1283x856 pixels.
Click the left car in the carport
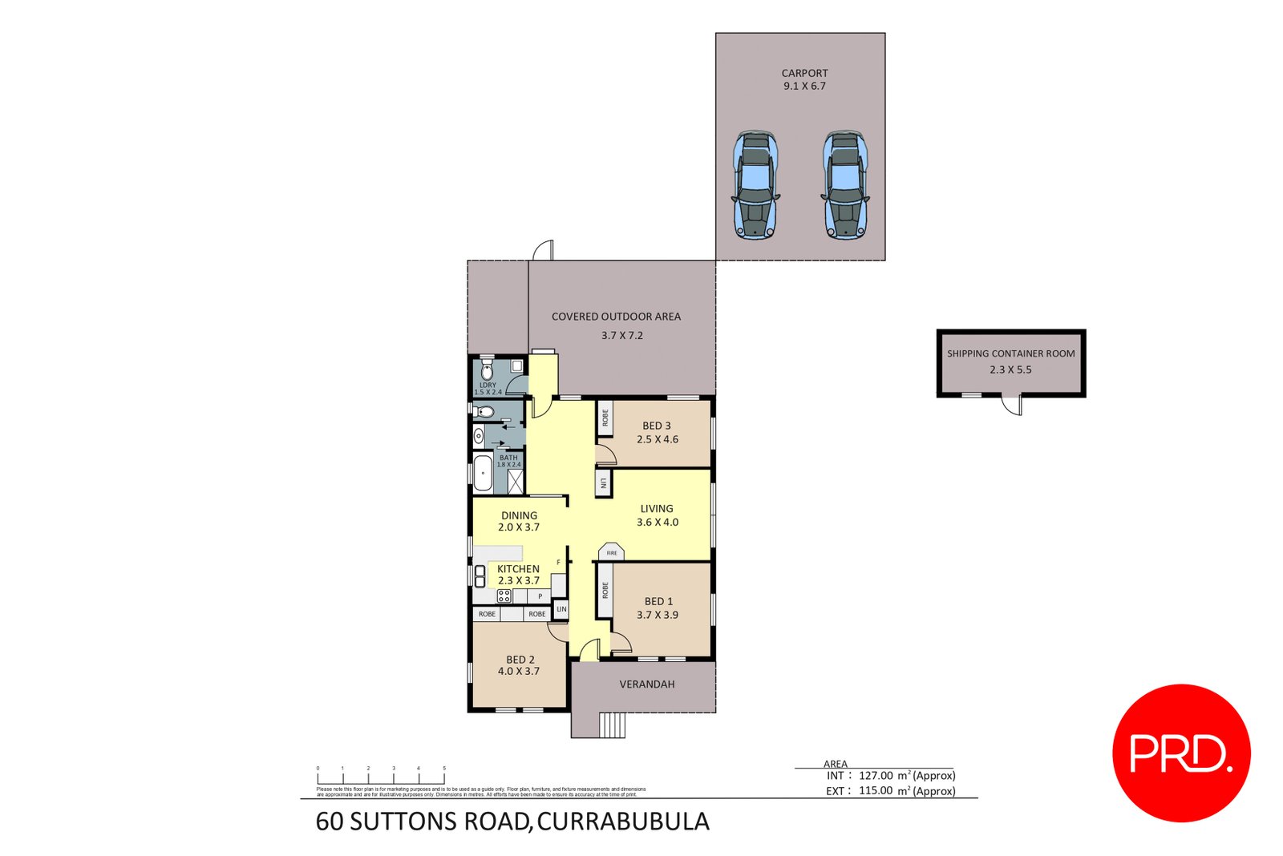[755, 185]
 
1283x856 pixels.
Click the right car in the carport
[844, 185]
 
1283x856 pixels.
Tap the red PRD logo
[1181, 753]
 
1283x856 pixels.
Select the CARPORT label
[804, 73]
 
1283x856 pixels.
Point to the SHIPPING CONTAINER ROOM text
[1010, 353]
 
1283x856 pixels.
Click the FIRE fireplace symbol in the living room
[612, 552]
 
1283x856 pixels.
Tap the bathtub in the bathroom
[483, 473]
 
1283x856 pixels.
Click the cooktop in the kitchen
[504, 596]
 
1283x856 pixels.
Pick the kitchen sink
[480, 575]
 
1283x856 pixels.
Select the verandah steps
[613, 725]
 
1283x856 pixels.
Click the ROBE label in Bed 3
[605, 418]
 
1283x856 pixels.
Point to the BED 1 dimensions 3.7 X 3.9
[658, 615]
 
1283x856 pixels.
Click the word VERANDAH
[646, 684]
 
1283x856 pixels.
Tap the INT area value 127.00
[876, 776]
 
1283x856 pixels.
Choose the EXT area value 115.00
[876, 791]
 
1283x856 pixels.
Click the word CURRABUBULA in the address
[623, 822]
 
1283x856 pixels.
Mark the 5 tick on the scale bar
[444, 769]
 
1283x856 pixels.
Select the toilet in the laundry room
[487, 372]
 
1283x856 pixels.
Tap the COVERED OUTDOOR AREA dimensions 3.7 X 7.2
[622, 336]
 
